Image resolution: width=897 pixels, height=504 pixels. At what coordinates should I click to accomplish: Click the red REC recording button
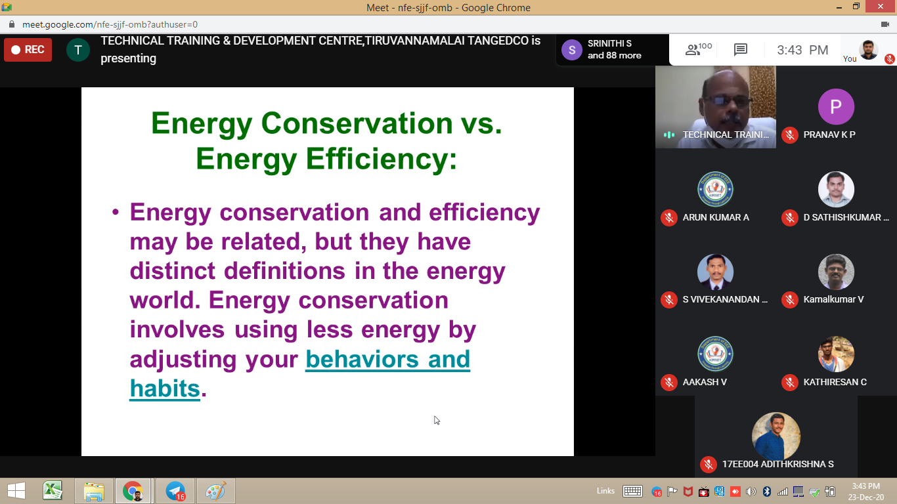(28, 50)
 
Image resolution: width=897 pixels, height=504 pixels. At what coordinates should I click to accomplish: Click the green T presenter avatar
(78, 50)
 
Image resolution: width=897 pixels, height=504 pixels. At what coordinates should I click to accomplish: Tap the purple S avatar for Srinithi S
(572, 50)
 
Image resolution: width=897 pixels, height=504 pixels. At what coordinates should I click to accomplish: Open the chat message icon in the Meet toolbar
(741, 50)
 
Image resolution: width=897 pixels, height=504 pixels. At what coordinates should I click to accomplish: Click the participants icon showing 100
(698, 49)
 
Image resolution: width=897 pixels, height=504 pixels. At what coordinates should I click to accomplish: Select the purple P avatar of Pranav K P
(836, 106)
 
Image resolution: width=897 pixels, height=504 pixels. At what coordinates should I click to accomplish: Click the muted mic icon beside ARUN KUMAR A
(668, 217)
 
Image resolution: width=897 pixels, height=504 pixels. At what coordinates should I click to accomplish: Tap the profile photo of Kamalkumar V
(836, 272)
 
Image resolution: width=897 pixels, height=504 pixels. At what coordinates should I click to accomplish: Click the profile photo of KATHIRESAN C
(836, 354)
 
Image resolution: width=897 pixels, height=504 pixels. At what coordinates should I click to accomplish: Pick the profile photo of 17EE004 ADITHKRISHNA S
(776, 436)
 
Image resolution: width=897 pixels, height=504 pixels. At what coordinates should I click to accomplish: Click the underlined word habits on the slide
(165, 388)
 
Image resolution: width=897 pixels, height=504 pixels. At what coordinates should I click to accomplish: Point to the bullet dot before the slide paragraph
(116, 212)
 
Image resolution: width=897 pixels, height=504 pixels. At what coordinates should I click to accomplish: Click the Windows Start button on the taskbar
(16, 491)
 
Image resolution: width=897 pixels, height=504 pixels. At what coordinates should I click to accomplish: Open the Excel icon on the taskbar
(53, 490)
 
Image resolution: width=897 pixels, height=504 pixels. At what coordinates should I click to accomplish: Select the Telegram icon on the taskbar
(175, 491)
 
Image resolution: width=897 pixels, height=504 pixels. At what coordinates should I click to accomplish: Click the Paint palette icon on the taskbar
(215, 491)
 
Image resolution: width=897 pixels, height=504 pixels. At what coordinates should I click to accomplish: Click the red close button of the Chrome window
(881, 7)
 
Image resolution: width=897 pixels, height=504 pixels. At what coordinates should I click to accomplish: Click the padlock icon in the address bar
(12, 24)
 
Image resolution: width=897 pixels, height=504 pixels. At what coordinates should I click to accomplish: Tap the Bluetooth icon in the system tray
(767, 491)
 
